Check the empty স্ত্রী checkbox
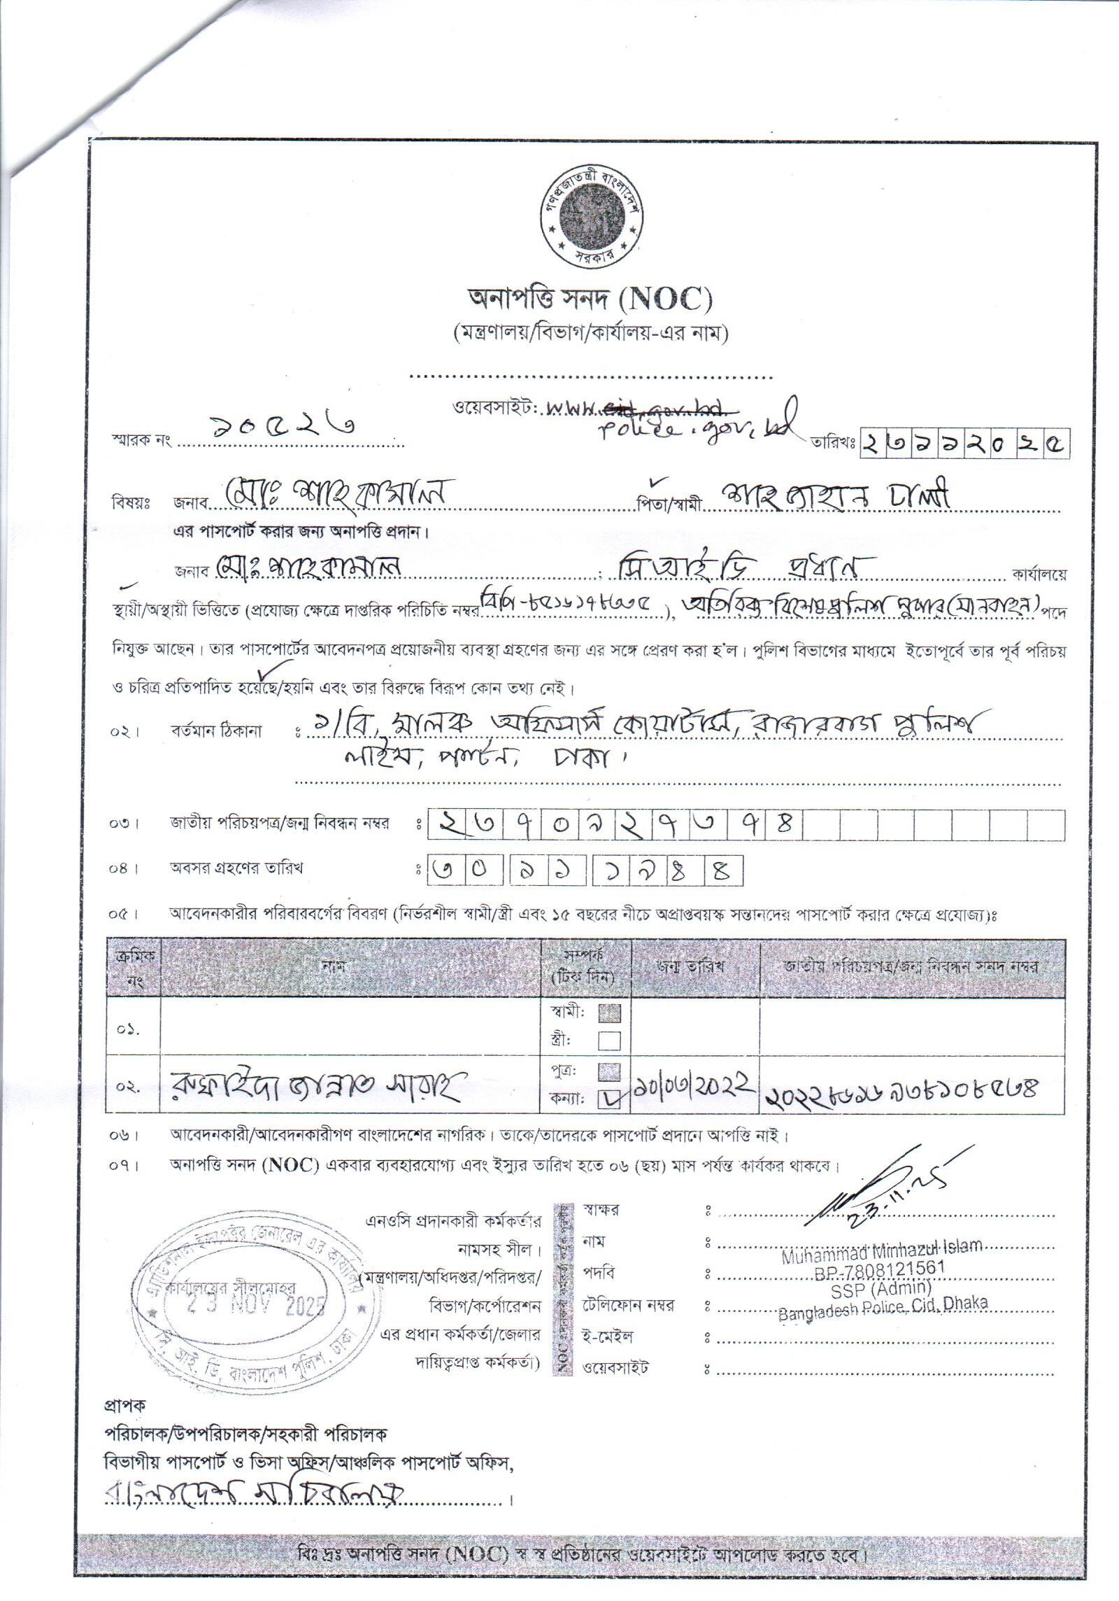609,1041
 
